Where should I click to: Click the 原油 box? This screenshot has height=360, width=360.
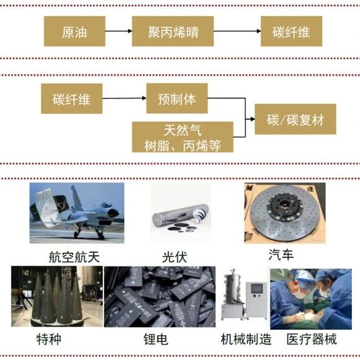(x=74, y=31)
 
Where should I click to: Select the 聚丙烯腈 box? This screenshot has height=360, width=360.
(x=173, y=31)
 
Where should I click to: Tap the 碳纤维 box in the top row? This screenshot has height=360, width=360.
(x=291, y=31)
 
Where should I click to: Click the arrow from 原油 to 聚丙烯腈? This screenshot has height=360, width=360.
(x=119, y=31)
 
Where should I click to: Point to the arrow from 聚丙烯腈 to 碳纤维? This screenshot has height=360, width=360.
(x=237, y=31)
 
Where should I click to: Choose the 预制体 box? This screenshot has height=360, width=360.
(x=177, y=99)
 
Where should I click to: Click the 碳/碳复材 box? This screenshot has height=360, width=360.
(x=296, y=119)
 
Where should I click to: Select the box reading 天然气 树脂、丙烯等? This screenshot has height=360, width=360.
(x=183, y=137)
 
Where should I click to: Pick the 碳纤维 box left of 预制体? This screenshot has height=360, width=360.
(x=72, y=99)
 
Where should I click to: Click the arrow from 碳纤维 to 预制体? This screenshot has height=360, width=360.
(x=125, y=99)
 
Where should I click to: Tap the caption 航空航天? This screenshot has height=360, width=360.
(x=74, y=257)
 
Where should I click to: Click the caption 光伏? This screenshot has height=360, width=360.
(x=175, y=257)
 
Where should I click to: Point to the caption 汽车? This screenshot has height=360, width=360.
(x=281, y=255)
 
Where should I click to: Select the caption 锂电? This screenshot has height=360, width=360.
(x=156, y=339)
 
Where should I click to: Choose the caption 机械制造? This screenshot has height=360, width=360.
(x=246, y=339)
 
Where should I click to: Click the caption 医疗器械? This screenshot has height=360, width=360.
(x=312, y=339)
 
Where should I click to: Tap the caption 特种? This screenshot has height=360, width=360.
(x=49, y=339)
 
